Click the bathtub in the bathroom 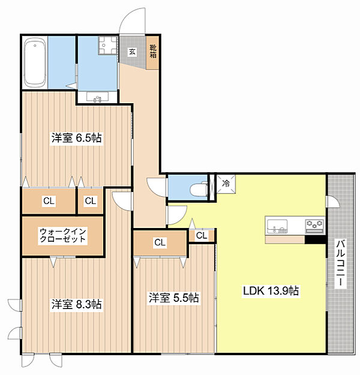click(35, 62)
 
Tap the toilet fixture click(198, 189)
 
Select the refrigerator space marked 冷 click(226, 184)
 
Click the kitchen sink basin click(277, 226)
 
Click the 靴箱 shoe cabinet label click(153, 52)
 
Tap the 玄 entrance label click(132, 52)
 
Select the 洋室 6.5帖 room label click(77, 138)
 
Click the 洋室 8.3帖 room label click(77, 304)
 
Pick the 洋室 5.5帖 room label click(173, 298)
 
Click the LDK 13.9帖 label click(271, 291)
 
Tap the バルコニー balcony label click(341, 263)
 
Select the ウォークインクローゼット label click(62, 235)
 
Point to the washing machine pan click(107, 46)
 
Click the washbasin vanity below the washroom click(98, 97)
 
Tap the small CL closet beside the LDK click(202, 236)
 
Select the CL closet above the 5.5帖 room click(160, 243)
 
